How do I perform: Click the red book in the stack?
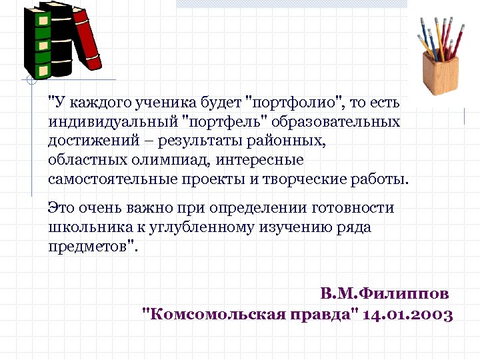tap(87, 40)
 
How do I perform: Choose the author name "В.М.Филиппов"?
tap(385, 294)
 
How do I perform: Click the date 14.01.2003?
tap(409, 314)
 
